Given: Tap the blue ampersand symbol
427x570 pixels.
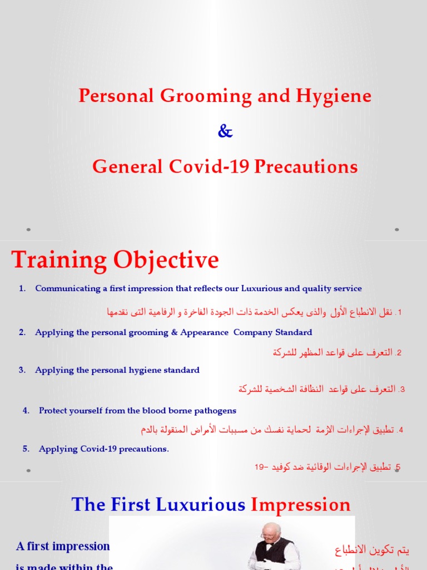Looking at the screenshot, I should click(225, 131).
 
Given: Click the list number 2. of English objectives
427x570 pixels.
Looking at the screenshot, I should click(22, 332).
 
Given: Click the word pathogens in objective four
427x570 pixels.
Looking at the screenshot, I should click(215, 411).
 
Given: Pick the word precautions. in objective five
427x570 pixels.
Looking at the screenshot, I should click(143, 449).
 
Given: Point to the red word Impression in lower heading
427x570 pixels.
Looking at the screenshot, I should click(301, 505).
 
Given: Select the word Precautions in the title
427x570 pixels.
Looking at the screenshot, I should click(306, 166).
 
